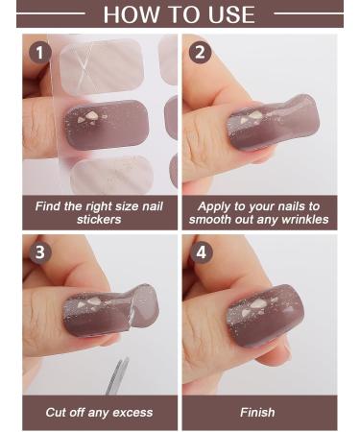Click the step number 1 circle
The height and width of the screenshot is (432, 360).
coord(39,53)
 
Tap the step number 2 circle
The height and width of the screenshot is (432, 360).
coord(200,53)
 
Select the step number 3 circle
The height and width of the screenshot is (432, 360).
coord(39,253)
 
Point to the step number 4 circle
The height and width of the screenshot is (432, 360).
coord(200,253)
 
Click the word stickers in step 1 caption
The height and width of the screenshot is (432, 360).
coord(99,220)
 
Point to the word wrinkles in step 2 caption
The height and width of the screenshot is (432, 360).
coord(300,220)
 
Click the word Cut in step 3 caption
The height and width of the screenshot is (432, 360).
coord(58,412)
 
